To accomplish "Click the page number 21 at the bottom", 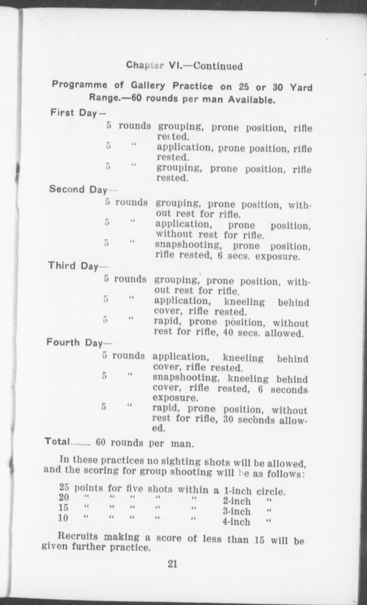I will [172, 564].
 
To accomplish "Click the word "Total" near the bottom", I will [57, 441].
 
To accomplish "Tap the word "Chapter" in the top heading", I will [145, 65].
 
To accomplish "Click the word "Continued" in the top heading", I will [218, 66].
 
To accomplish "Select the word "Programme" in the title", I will [80, 85].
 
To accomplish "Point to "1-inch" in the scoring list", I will [237, 491].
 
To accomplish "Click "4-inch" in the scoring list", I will [236, 522].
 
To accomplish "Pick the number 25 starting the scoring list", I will [64, 488].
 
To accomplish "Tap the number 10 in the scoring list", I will [63, 518].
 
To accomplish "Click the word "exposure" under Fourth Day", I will [175, 398].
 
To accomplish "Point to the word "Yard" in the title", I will [301, 88].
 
